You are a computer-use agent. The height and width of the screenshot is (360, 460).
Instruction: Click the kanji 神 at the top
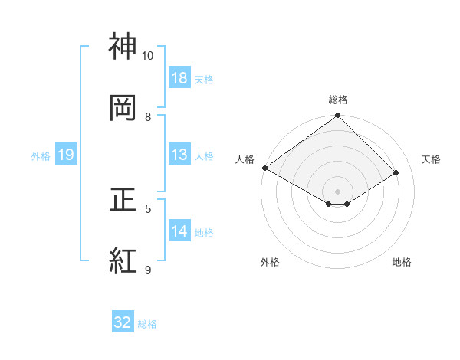tap(123, 47)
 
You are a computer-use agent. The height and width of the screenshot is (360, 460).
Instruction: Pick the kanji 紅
tap(123, 260)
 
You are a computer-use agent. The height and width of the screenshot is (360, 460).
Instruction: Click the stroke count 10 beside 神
tap(148, 56)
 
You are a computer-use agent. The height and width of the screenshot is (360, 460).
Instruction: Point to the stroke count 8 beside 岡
tap(148, 116)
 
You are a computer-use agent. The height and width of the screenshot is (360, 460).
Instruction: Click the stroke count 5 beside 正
tap(148, 208)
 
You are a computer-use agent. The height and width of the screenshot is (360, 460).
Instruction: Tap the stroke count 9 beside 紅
tap(148, 270)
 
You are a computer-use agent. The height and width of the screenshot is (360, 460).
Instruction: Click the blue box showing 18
tap(179, 77)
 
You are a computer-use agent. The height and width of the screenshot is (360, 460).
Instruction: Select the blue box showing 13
tap(179, 155)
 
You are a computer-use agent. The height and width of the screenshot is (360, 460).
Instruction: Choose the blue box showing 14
tap(179, 231)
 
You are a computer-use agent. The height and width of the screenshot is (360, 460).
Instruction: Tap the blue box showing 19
tap(66, 155)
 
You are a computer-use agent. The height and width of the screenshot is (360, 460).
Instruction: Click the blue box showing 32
tap(123, 322)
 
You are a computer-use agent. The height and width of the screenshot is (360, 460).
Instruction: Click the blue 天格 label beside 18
tap(204, 79)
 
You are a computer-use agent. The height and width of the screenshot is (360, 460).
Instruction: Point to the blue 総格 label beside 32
tap(147, 324)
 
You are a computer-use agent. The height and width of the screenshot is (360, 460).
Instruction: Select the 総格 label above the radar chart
tap(338, 100)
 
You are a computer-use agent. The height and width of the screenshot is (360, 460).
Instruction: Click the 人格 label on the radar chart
tap(245, 159)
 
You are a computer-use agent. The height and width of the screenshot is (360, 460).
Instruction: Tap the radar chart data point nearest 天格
tap(396, 173)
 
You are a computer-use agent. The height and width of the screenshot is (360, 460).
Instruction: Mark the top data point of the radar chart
tap(338, 116)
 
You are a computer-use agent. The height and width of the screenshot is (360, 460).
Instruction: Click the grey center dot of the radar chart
tap(338, 191)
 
